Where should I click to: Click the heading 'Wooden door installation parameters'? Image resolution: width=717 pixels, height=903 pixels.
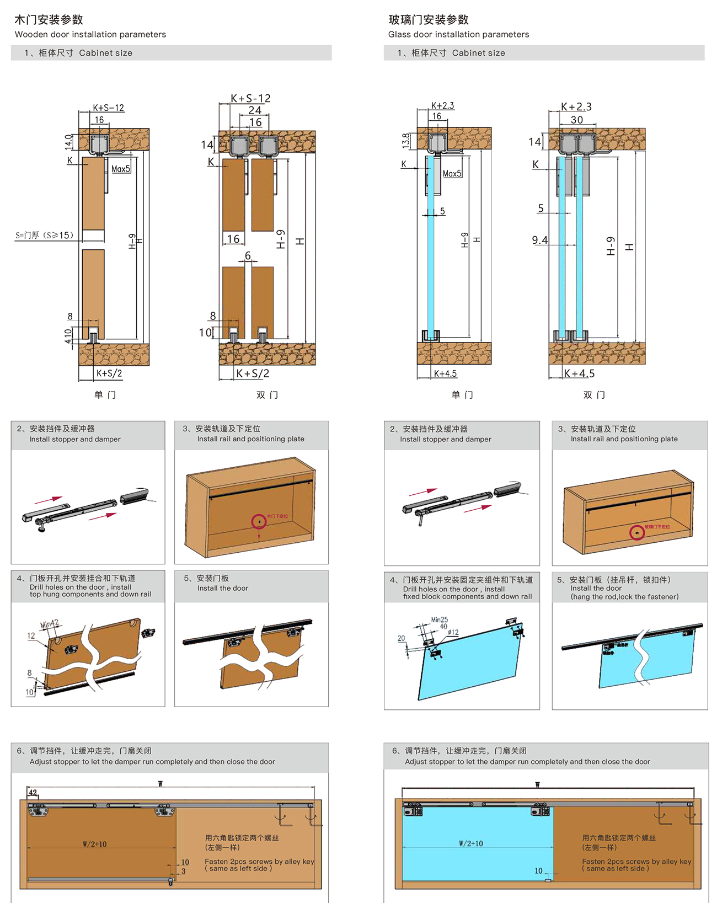click(90, 34)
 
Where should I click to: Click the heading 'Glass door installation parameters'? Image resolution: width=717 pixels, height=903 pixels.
click(458, 34)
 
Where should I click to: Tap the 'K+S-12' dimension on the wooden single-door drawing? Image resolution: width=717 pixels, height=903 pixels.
click(108, 108)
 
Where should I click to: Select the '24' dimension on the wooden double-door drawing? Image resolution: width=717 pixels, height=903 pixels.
click(255, 110)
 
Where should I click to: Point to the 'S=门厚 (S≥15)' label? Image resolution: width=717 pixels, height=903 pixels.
click(44, 236)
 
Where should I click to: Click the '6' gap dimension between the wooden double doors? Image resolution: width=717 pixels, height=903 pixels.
click(248, 256)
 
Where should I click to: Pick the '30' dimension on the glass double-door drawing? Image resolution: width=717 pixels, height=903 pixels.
click(576, 120)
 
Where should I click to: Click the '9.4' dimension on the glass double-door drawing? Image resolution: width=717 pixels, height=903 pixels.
click(539, 240)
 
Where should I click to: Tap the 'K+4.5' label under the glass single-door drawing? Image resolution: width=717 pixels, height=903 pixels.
click(445, 373)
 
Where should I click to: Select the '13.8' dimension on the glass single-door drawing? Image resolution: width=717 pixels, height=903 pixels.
click(406, 141)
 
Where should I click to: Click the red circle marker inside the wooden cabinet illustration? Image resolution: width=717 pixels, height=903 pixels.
click(259, 521)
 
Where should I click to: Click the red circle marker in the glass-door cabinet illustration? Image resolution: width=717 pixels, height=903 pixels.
click(637, 532)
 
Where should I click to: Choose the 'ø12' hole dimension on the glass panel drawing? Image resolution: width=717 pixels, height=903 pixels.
click(453, 632)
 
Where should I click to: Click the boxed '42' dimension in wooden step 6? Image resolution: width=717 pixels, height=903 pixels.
click(33, 793)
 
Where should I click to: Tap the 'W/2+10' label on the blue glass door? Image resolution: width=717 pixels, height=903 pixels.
click(470, 843)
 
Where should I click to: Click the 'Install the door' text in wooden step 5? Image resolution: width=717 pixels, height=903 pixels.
click(223, 588)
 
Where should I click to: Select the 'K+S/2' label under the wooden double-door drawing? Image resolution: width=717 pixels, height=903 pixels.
click(253, 373)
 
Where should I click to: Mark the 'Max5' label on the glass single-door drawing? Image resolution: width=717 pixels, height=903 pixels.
click(452, 174)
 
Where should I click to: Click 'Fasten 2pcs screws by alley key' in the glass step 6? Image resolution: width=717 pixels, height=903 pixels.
click(636, 861)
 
